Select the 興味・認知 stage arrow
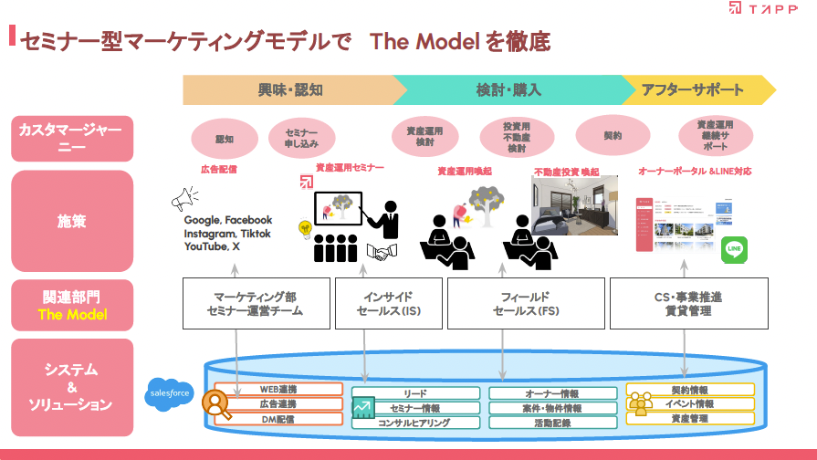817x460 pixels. [288, 89]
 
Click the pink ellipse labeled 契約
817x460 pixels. [612, 135]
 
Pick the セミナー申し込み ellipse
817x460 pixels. [301, 138]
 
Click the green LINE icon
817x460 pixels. [734, 250]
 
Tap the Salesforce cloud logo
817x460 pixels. [169, 394]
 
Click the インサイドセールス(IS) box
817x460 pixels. [387, 304]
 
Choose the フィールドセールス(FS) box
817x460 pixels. [525, 304]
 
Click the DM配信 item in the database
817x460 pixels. [277, 418]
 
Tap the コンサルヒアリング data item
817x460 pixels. [414, 423]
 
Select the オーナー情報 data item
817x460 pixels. [552, 394]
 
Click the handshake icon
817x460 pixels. [382, 251]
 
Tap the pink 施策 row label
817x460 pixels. [72, 221]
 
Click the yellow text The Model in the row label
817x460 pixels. [72, 315]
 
